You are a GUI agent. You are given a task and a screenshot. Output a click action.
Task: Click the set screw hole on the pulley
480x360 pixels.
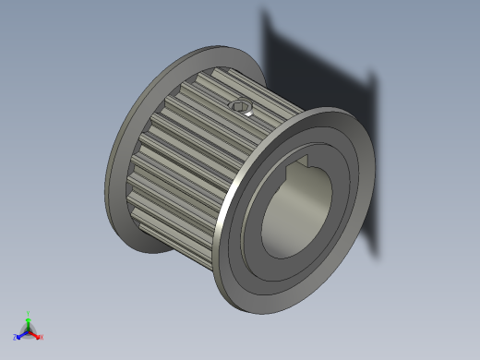(242, 107)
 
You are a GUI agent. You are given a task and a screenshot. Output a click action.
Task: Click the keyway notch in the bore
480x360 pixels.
(300, 168)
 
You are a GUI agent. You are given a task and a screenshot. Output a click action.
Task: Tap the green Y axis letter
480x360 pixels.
(29, 313)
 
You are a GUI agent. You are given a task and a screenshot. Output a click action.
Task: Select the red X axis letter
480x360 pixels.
(42, 337)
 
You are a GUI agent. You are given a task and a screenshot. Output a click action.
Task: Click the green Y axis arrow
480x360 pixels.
(29, 322)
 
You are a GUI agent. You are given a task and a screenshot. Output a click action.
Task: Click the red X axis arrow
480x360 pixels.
(36, 334)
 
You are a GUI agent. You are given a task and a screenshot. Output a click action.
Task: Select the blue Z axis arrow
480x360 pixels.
(21, 334)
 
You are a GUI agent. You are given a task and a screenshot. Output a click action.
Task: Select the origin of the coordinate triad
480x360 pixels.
(29, 330)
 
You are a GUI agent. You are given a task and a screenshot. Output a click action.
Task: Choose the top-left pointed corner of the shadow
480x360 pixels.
(264, 10)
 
